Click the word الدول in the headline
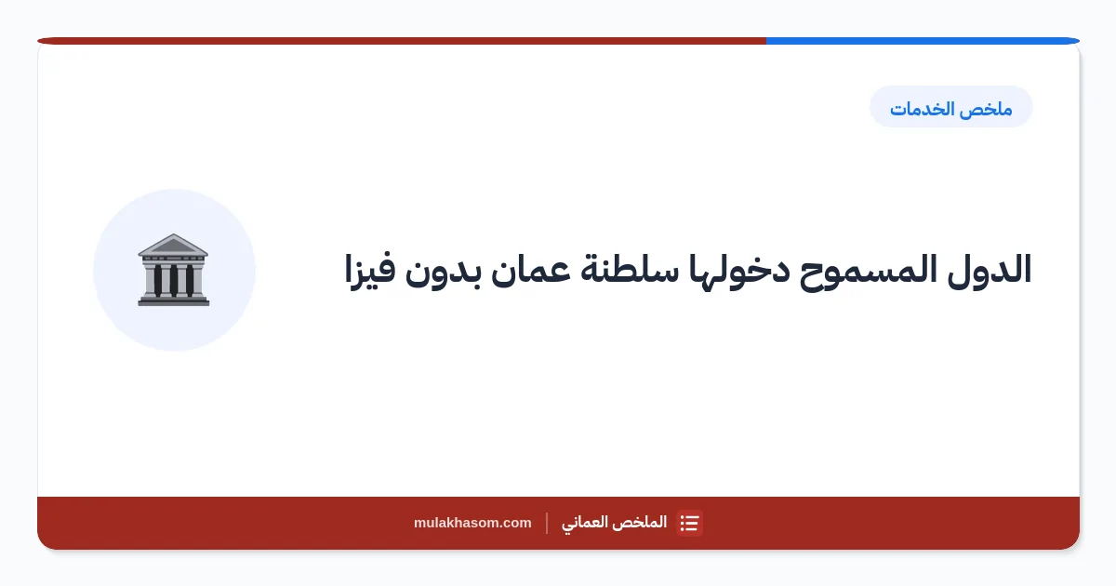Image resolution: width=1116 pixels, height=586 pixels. (989, 270)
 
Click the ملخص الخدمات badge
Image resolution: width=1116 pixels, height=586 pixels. (951, 107)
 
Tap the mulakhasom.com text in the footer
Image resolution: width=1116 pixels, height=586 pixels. (472, 523)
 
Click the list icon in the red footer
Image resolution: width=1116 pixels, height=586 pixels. (689, 523)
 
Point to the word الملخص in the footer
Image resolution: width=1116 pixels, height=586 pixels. (640, 522)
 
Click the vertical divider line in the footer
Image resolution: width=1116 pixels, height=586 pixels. (547, 523)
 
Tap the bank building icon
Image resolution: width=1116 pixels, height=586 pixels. (173, 270)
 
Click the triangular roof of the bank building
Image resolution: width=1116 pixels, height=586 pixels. (173, 244)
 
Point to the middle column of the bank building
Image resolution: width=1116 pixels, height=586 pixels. (173, 280)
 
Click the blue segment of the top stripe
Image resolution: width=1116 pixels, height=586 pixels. (923, 41)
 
